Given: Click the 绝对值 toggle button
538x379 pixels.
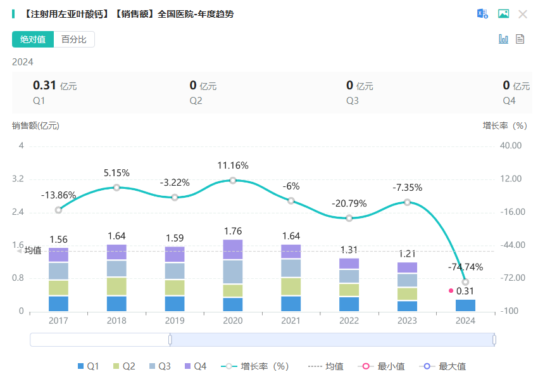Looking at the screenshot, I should pos(33,39).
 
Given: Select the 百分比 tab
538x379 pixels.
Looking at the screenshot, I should pos(74,39).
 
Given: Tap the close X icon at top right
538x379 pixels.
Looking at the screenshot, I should pos(523,14).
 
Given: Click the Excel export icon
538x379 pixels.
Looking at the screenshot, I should pos(482,14).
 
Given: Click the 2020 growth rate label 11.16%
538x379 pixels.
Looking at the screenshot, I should pos(233,165).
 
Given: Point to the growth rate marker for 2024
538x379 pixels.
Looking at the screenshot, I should pos(465,282).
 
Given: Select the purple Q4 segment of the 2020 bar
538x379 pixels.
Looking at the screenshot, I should pos(233,250).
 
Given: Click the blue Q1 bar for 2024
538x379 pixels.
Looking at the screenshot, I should pos(465,305).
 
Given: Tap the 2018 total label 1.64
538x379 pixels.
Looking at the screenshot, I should pos(116,236).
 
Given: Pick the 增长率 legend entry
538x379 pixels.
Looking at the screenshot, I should pos(256,366).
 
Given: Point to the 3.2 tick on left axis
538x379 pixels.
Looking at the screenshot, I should pos(18,179).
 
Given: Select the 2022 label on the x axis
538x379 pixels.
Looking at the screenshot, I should pos(349,321).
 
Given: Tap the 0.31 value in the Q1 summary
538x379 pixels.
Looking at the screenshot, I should pos(44,86).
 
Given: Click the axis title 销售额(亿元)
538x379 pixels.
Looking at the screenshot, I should pos(35,125).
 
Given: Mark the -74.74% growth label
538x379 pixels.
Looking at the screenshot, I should pos(465,267).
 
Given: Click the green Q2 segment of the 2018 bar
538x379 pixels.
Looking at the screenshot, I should pos(116,286).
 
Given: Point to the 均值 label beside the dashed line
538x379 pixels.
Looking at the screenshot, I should pos(33,250).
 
